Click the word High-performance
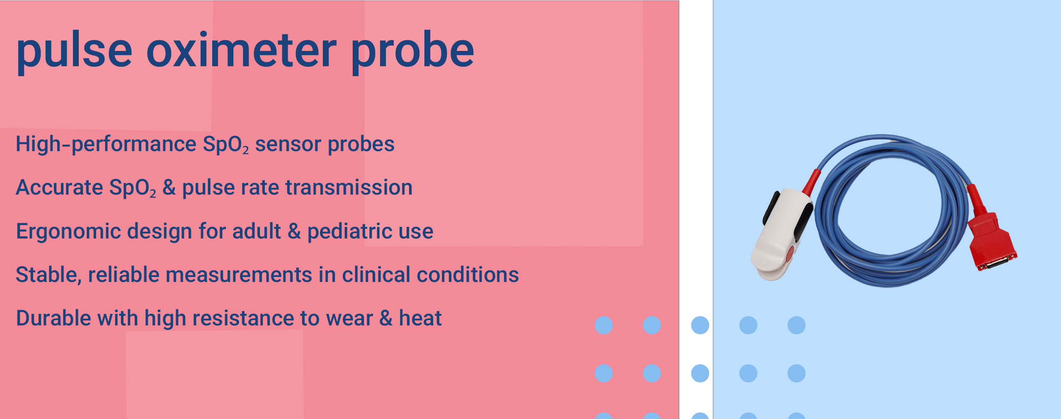coord(106,144)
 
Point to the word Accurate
coord(59,187)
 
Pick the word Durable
coord(53,318)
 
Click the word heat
coord(420,318)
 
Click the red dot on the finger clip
coord(790,253)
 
